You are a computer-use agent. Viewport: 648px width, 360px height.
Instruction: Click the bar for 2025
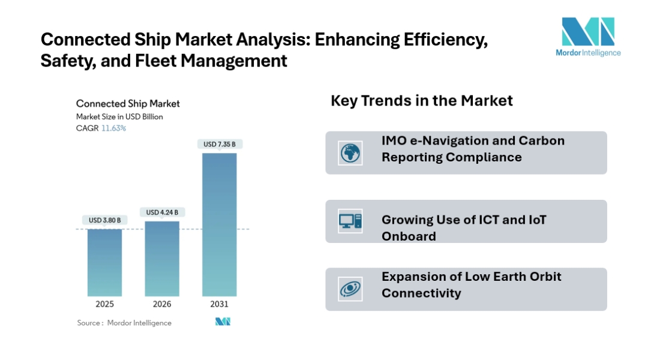104,262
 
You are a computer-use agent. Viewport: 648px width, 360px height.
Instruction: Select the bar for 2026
162,258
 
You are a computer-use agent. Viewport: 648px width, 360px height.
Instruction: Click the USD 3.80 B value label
104,220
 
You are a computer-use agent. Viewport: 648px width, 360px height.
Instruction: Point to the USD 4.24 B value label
162,212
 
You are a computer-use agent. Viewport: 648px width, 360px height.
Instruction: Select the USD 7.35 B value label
219,144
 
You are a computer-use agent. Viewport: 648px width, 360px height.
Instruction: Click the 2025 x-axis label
104,304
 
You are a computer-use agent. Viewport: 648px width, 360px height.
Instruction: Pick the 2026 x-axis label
162,304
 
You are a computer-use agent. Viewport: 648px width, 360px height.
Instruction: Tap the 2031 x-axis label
219,304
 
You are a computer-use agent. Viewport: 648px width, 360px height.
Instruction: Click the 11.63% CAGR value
113,128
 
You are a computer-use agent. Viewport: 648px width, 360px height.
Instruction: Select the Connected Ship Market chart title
128,104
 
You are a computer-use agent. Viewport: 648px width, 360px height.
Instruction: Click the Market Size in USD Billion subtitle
119,117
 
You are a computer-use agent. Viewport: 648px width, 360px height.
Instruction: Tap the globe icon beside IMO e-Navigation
350,153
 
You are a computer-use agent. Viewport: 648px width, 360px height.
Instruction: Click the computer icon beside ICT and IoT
350,221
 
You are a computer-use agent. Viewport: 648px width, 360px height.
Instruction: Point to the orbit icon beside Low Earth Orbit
350,289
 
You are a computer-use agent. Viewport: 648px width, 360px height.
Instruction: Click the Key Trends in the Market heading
421,101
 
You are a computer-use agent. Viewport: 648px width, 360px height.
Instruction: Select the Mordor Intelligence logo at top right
587,37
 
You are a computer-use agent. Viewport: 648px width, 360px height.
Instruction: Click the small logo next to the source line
223,322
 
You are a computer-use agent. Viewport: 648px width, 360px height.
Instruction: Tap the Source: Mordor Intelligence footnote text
124,323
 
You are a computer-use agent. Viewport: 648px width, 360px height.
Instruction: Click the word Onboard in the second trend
409,236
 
